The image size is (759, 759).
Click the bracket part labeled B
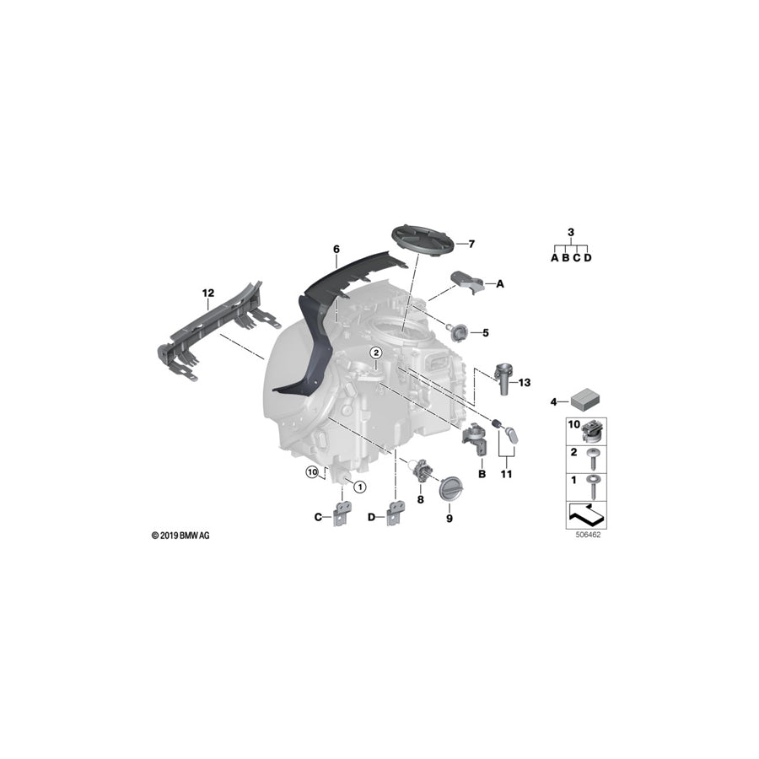coord(472,438)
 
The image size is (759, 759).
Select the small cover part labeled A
coord(466,282)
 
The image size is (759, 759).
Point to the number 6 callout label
coord(336,249)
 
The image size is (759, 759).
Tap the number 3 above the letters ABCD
coord(571,232)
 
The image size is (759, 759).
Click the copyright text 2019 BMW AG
coord(182,536)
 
